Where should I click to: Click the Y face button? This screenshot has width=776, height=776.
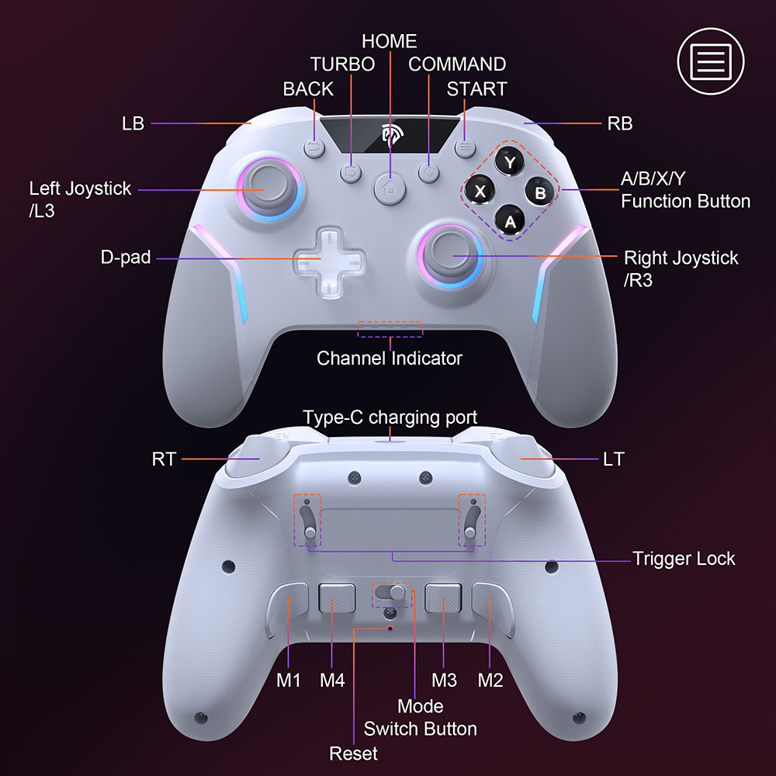509,162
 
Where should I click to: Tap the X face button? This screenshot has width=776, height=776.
480,191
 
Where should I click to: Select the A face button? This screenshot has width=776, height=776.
510,220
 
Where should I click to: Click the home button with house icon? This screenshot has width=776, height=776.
390,188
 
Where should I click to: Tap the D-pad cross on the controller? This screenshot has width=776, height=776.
329,262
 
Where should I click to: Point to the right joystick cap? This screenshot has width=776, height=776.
450,255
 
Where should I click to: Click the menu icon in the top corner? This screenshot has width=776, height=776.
711,61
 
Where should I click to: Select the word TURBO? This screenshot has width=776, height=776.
342,64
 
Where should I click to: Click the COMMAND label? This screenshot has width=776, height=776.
457,64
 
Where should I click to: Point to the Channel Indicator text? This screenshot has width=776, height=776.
390,359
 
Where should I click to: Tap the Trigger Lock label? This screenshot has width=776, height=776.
684,559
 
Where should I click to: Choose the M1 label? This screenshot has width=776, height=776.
288,681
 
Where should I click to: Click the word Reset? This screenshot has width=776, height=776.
353,753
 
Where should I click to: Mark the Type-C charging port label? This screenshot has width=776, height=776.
390,417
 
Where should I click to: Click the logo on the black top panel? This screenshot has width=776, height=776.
391,134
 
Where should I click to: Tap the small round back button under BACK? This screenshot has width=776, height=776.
314,147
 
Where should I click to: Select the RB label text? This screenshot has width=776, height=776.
619,123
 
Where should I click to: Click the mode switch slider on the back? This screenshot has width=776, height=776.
391,593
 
